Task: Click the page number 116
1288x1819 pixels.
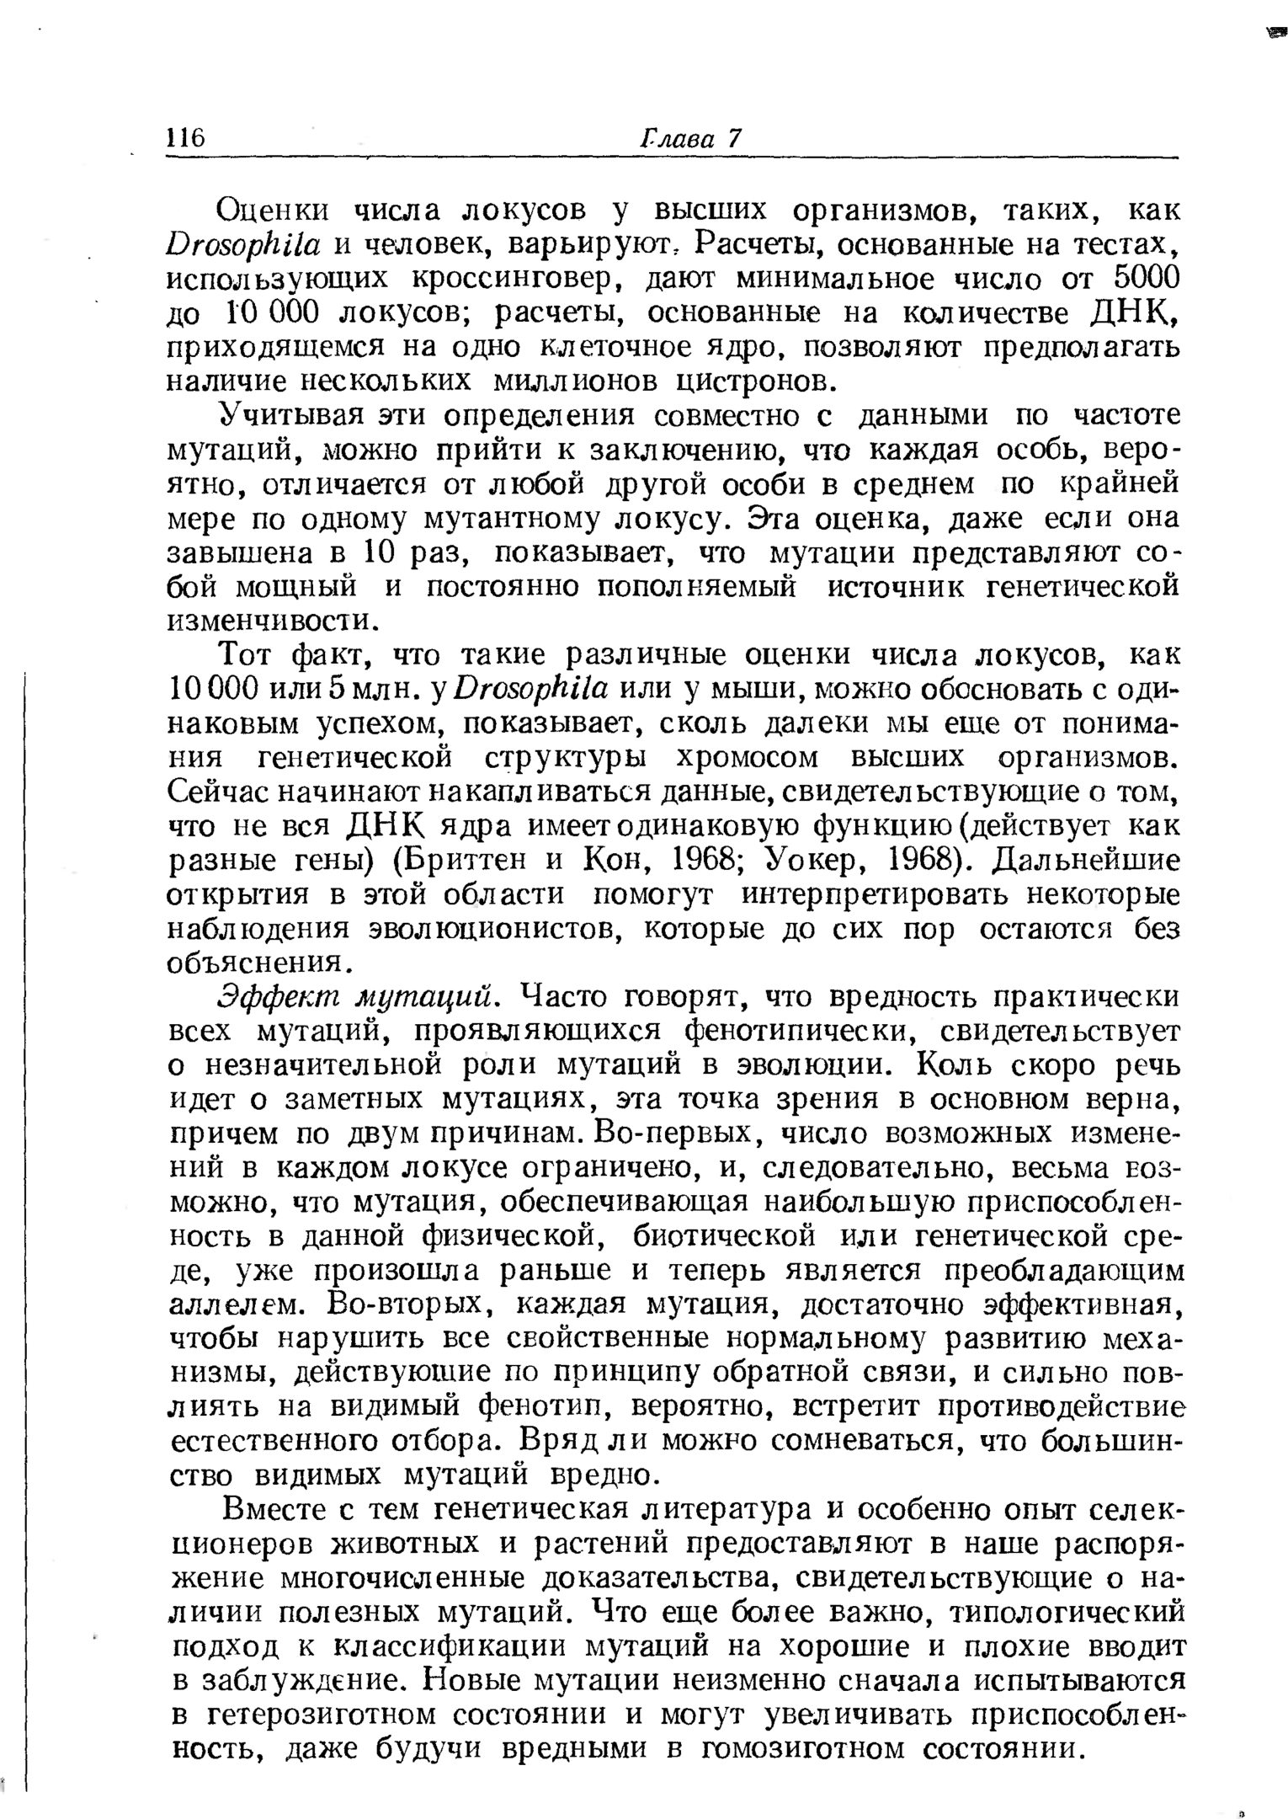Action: click(x=186, y=138)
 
